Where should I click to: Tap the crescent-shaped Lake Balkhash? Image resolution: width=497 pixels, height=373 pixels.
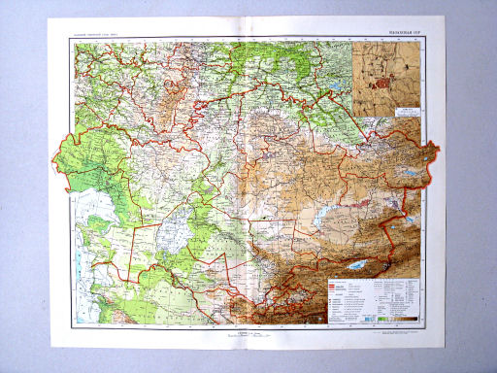(328, 212)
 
